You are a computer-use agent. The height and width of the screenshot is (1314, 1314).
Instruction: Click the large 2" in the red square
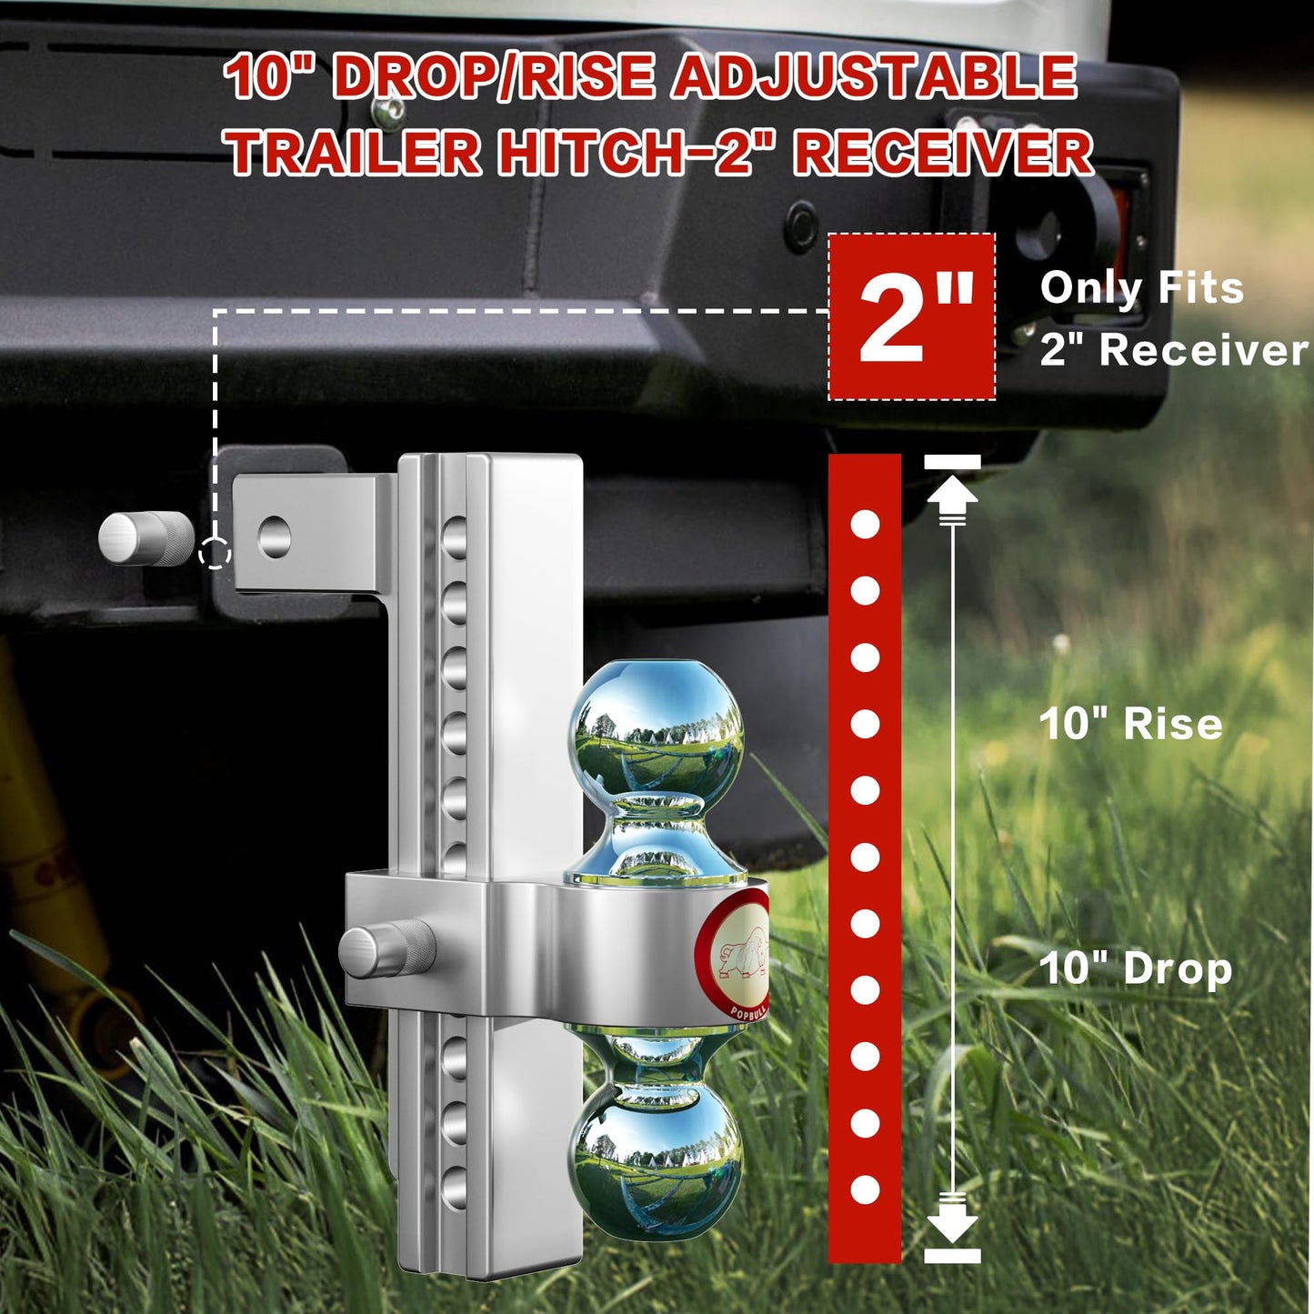click(912, 317)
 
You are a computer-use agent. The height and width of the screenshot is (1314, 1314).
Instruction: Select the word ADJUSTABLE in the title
click(874, 76)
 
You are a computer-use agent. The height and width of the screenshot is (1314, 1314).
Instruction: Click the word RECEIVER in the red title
click(943, 152)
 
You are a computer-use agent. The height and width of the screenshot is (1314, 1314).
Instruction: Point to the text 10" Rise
click(1130, 724)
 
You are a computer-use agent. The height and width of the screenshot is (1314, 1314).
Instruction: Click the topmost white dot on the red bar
click(865, 524)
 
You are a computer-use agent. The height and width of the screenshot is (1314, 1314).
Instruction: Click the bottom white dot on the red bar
click(865, 1189)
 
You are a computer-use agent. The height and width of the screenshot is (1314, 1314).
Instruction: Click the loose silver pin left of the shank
click(145, 537)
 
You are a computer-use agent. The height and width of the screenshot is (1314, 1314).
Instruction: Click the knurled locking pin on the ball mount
click(386, 950)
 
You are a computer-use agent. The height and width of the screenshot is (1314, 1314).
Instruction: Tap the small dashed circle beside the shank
click(215, 552)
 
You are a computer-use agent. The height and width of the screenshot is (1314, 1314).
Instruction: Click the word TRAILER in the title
click(355, 152)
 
